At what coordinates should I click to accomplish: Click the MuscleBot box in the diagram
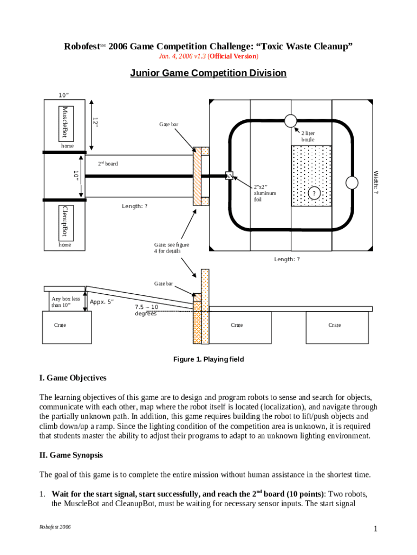coord(65,122)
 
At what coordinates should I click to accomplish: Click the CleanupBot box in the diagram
coord(65,221)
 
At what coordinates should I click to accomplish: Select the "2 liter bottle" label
coord(308,136)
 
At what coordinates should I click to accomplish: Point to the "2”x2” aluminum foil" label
coord(265,193)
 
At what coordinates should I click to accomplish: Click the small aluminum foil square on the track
coord(229,176)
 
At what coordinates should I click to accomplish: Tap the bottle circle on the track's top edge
coord(290,120)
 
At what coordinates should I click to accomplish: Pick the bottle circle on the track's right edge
coord(352,183)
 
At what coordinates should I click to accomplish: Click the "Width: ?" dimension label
coord(375,183)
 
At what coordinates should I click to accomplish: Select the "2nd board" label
coord(108,164)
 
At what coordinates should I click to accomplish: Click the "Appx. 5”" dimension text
coord(102,302)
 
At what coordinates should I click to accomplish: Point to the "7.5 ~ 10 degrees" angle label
coord(146,310)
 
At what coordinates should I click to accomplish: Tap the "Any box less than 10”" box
coord(65,302)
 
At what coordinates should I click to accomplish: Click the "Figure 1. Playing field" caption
coord(208,359)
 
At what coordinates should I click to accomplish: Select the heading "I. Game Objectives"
coord(73,378)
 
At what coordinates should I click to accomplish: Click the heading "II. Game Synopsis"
coord(70,455)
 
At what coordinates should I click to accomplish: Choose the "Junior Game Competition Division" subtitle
coord(208,73)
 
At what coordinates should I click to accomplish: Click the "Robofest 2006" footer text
coord(56,527)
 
